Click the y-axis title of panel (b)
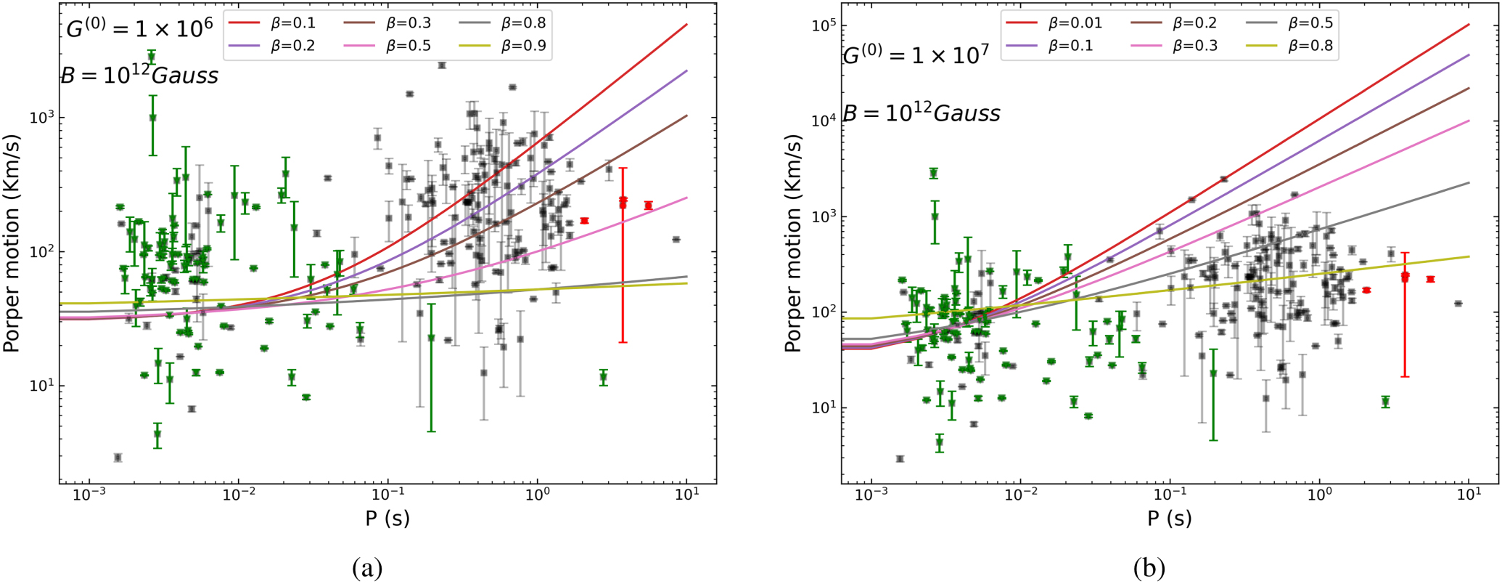pyautogui.click(x=794, y=243)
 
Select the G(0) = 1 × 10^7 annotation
pyautogui.click(x=916, y=54)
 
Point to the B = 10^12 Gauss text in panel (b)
pyautogui.click(x=922, y=113)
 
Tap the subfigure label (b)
pyautogui.click(x=1149, y=567)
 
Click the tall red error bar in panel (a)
pyautogui.click(x=623, y=254)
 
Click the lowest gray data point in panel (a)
pyautogui.click(x=118, y=458)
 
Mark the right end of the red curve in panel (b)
pyautogui.click(x=1469, y=25)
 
